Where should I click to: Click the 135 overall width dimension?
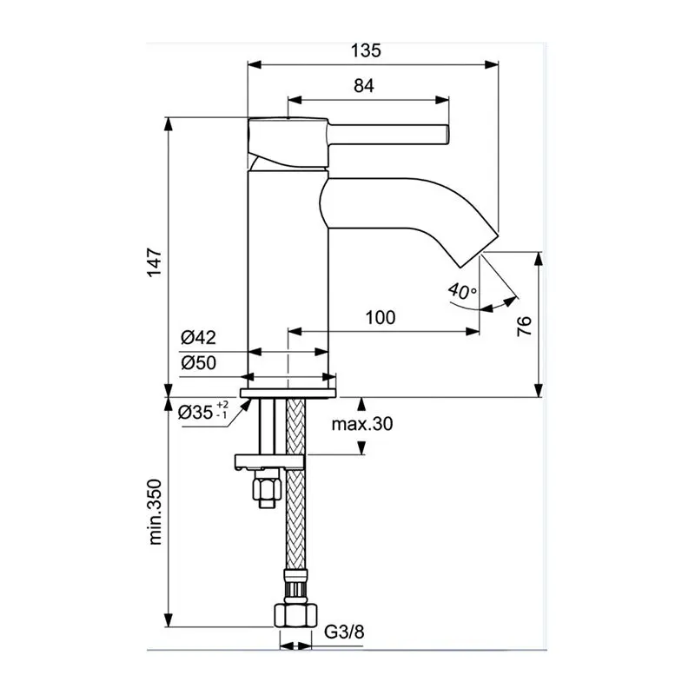[x=366, y=50]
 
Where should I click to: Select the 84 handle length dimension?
[x=364, y=85]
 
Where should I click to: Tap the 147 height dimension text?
[x=155, y=262]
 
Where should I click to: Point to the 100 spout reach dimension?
[x=381, y=317]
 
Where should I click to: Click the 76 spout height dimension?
[x=524, y=327]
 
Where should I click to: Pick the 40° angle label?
[x=462, y=291]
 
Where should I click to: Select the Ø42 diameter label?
[x=199, y=338]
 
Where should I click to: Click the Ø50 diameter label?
[x=199, y=363]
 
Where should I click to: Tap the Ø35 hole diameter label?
[x=203, y=412]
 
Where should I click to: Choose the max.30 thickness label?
[x=362, y=424]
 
